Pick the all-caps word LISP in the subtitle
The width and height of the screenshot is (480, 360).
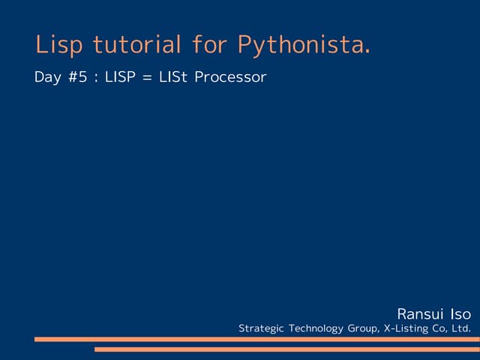click(x=119, y=77)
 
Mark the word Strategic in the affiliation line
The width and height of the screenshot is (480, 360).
click(x=261, y=328)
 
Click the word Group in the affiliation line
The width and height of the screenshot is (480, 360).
click(x=363, y=328)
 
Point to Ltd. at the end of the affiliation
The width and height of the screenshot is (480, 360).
click(x=461, y=328)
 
